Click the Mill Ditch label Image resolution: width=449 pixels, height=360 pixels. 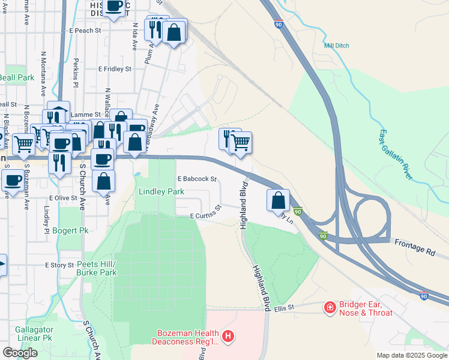coord(336,46)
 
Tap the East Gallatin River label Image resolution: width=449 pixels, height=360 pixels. coord(396,155)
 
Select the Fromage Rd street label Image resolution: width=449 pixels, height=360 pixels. coord(414,245)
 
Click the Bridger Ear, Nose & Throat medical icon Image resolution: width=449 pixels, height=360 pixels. coord(330,308)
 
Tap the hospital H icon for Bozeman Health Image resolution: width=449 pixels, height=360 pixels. coord(228,337)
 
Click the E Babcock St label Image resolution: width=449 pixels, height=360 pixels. coord(196,179)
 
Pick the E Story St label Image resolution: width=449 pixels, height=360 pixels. coord(59,265)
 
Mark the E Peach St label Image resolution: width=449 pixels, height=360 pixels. coord(84,30)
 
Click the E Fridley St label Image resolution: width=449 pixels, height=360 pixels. coord(115,69)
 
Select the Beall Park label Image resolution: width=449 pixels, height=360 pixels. coord(17,77)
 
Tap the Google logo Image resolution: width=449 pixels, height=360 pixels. coord(20,352)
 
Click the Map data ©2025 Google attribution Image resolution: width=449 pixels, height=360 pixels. coord(411,355)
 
